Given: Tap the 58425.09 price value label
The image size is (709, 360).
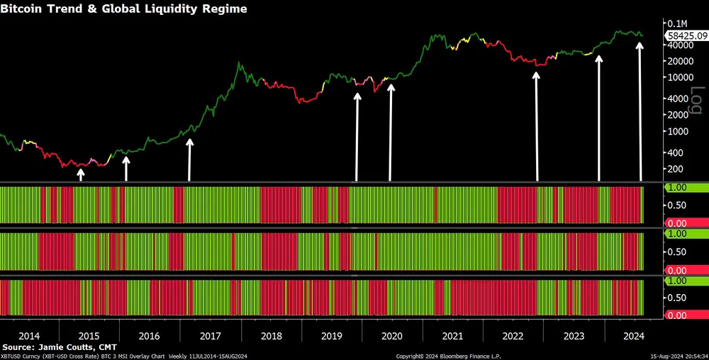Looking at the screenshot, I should (x=686, y=34).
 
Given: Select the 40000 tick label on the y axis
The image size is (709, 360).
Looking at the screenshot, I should (x=679, y=45).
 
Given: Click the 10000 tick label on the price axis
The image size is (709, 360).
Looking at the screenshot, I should (x=679, y=77).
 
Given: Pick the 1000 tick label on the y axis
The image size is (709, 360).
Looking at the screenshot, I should (x=677, y=132).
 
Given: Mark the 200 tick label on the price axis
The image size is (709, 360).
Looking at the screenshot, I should (x=675, y=169).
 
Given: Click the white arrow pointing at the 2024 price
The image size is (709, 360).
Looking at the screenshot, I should (x=640, y=110).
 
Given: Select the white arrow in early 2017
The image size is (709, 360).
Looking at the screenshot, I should (x=189, y=159).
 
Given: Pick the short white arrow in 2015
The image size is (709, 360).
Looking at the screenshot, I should (x=80, y=175).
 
